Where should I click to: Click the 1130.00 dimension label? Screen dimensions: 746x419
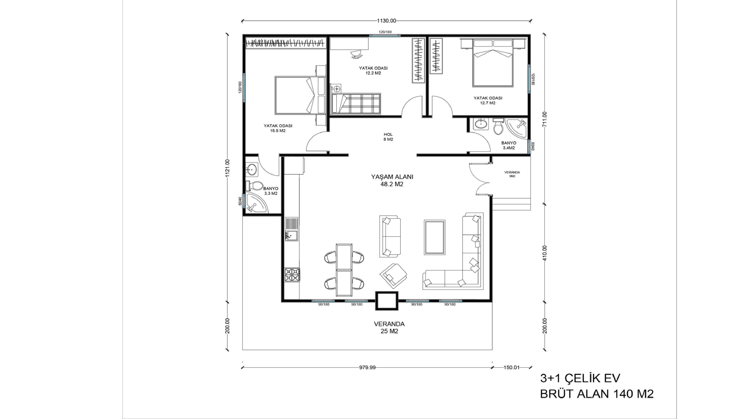386,20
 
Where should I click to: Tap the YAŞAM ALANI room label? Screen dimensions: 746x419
392,177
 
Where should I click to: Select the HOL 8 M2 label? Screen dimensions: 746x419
388,137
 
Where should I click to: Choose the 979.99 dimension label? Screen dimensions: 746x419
367,368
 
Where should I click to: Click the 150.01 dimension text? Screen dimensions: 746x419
511,368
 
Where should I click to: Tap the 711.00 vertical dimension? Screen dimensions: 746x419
545,119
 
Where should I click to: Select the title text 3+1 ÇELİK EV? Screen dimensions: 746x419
580,378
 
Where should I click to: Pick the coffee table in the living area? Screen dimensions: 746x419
434,237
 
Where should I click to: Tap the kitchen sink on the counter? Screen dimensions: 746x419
292,236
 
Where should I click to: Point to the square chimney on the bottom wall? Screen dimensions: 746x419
387,301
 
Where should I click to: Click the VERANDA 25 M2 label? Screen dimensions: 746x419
389,328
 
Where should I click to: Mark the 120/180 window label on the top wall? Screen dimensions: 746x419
385,32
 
